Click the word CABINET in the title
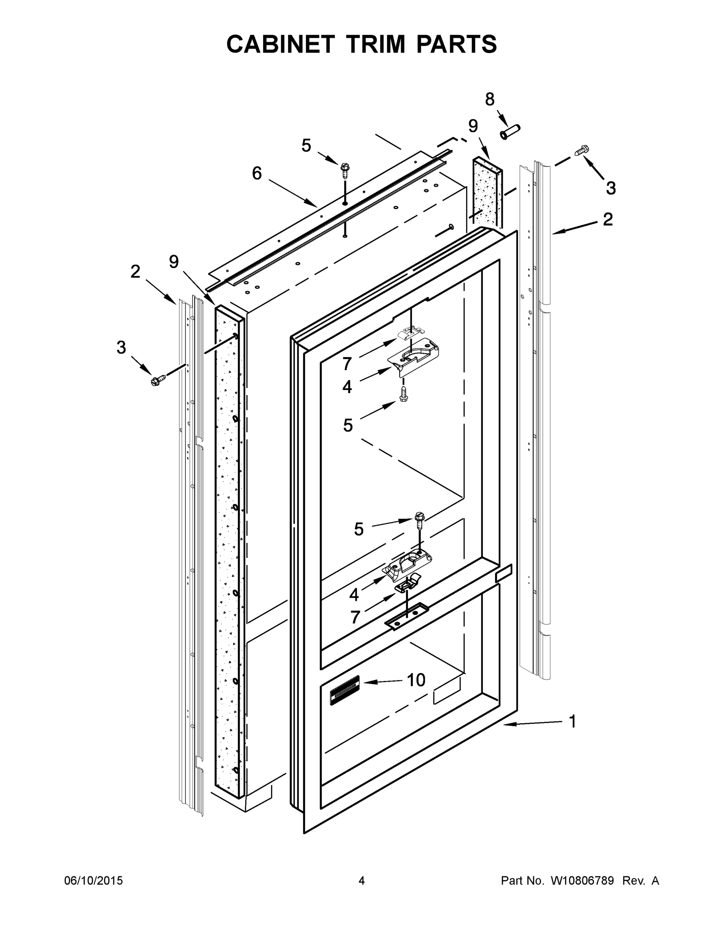[280, 44]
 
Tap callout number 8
[490, 99]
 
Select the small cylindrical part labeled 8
[509, 131]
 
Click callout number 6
[256, 174]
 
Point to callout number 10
[416, 680]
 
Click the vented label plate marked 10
[345, 690]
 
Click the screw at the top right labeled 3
[581, 151]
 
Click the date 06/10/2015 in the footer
[94, 880]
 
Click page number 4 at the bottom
[362, 880]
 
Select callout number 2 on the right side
[607, 220]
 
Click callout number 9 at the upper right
[473, 126]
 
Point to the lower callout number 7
[355, 618]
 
